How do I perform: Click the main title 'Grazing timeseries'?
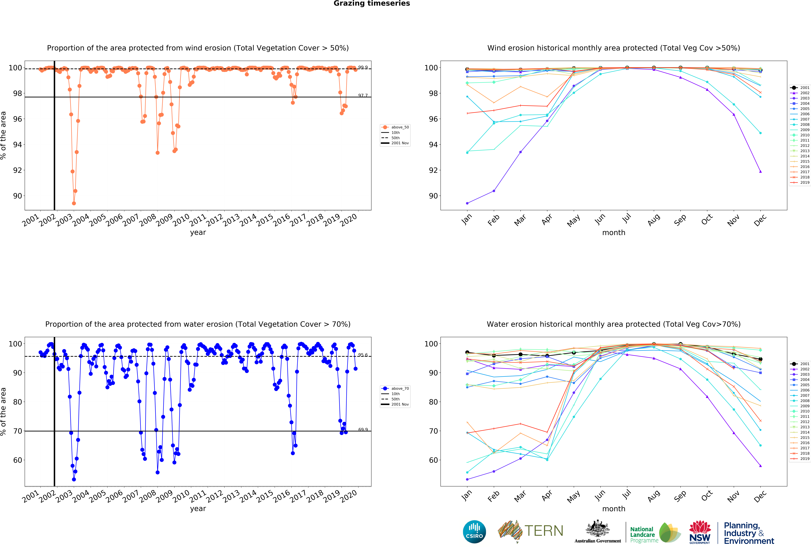click(372, 3)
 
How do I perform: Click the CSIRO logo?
click(474, 532)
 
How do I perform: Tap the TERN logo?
click(530, 531)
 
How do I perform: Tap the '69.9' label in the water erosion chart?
click(363, 429)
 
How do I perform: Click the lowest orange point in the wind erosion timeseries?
click(74, 203)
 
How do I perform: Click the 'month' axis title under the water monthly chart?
click(613, 509)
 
